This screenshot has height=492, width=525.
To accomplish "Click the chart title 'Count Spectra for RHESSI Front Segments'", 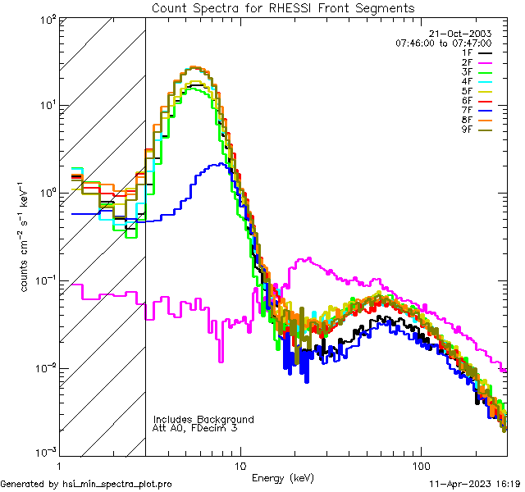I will point(283,8).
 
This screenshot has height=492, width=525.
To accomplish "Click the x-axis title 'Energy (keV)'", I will point(283,477).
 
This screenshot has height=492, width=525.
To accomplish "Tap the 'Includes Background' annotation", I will point(203,419).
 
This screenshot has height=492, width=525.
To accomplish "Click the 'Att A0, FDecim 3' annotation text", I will point(195,428).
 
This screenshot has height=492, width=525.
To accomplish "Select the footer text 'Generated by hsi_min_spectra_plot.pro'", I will point(86,485).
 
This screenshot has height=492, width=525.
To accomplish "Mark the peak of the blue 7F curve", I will point(217,164).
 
